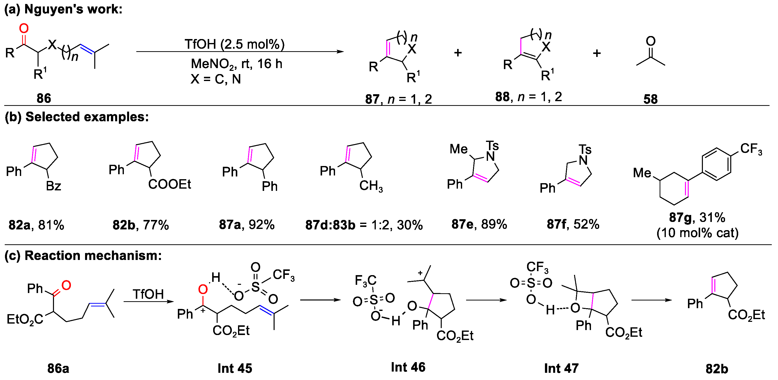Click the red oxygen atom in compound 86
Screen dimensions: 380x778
click(24, 29)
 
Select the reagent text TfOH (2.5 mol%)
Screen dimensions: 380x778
click(235, 44)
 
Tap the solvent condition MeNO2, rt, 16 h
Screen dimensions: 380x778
click(237, 64)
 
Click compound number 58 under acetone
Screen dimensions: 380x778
click(650, 99)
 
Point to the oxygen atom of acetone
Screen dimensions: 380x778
click(651, 41)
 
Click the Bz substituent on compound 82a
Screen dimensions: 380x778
click(53, 186)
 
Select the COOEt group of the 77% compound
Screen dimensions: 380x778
click(169, 184)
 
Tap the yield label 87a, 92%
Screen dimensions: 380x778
click(247, 225)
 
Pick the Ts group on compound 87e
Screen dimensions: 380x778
click(492, 146)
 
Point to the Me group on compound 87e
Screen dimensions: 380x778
click(458, 149)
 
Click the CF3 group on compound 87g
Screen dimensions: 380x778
click(751, 149)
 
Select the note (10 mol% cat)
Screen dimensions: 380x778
click(697, 233)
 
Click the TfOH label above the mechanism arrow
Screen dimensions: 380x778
click(148, 294)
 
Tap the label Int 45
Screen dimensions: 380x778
click(235, 368)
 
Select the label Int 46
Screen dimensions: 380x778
click(408, 367)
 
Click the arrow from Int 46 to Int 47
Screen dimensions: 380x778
click(486, 300)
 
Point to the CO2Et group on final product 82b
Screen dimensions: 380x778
click(746, 315)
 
